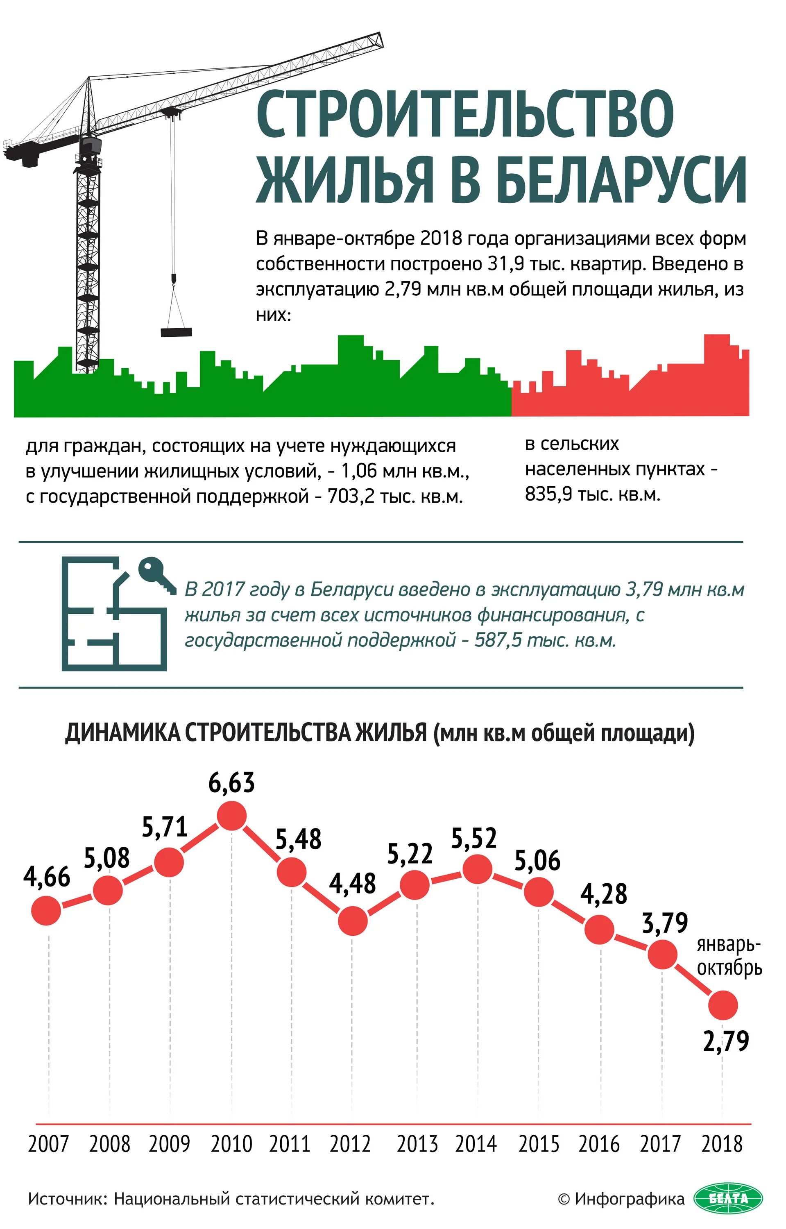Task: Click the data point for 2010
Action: [x=232, y=816]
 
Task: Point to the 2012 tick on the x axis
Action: [x=350, y=1144]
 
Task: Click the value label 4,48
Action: [x=352, y=883]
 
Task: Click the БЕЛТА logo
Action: [x=728, y=1198]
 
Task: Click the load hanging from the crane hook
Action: [x=176, y=332]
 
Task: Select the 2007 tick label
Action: [x=48, y=1144]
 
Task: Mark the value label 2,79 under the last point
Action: [x=726, y=1041]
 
